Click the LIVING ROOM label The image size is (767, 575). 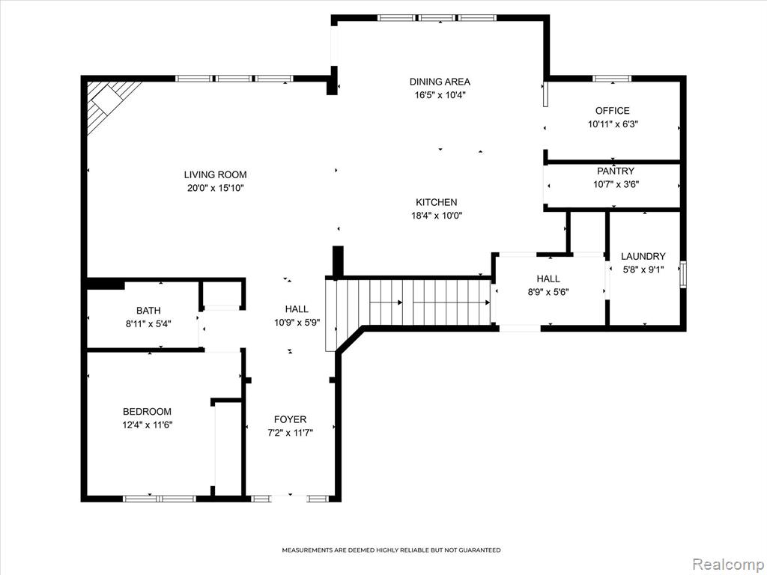[215, 174]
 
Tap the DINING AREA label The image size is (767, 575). [440, 82]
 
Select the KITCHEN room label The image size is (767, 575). [437, 202]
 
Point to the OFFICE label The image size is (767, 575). [613, 111]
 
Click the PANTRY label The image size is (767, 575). [616, 171]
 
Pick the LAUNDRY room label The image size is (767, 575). [643, 256]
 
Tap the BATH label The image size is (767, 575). [148, 311]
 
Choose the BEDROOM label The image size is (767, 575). [148, 412]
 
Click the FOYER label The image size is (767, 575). [290, 419]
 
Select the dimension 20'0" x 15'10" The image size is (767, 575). [215, 188]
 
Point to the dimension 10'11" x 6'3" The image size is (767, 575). [613, 124]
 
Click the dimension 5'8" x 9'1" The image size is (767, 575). [643, 269]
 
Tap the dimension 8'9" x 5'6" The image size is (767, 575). [548, 293]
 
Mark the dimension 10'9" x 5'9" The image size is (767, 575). [297, 322]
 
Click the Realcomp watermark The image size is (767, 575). [728, 564]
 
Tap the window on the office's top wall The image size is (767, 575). [612, 78]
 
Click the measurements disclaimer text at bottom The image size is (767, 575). [391, 550]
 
